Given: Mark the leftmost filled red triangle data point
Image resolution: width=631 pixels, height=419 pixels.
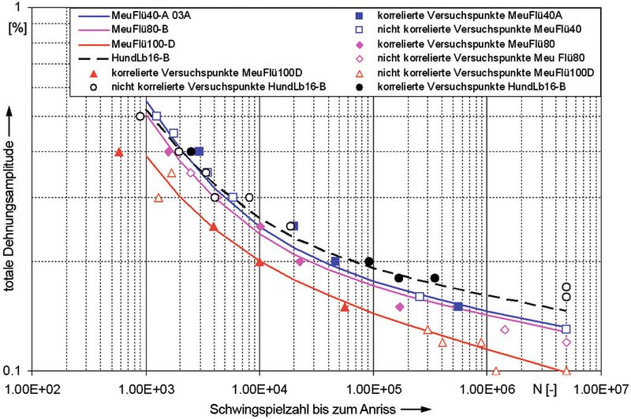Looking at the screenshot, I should click(119, 152).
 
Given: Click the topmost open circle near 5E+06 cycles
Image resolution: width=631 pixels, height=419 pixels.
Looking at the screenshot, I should click(566, 287).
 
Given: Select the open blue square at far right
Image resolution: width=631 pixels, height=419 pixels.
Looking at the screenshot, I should click(566, 329).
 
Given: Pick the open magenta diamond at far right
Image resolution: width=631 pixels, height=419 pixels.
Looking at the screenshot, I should click(566, 343).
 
